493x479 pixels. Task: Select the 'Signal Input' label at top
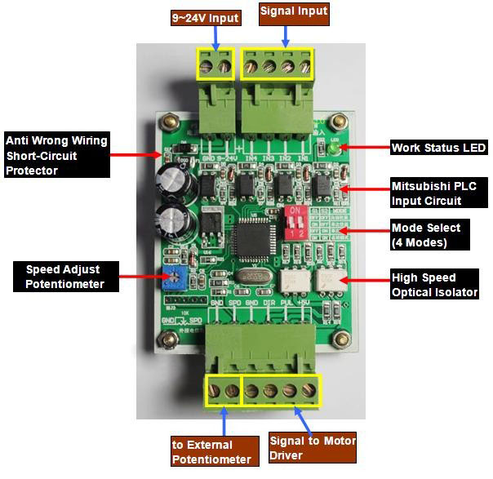[293, 12]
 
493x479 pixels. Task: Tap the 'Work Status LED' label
[438, 148]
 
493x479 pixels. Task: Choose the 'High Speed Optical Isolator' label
[434, 285]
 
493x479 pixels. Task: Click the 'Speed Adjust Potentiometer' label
[64, 277]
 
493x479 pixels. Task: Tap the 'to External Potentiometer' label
[213, 451]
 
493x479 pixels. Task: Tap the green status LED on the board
[334, 148]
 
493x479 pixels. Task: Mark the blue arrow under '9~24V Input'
[215, 38]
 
